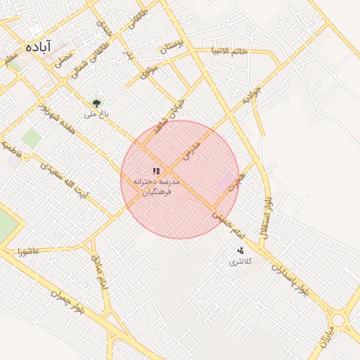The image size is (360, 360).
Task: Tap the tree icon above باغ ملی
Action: pos(97,103)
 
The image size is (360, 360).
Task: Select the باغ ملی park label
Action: pos(95,113)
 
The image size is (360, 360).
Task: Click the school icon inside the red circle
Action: pos(156,170)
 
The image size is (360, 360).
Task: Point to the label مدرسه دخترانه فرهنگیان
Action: pos(157,186)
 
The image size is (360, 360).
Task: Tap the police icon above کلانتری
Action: pos(240,250)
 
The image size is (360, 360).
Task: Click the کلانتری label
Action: pos(239,262)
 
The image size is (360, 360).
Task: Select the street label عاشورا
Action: pos(34,250)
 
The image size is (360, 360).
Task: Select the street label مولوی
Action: pos(150,70)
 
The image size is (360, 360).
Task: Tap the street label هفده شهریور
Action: pos(51,120)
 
